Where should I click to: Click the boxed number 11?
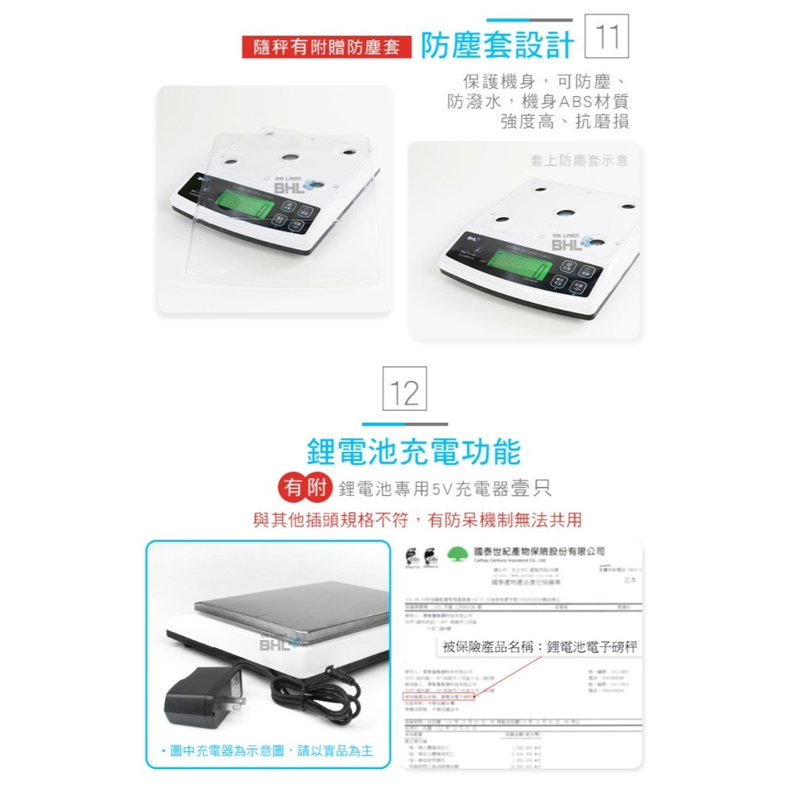pyautogui.click(x=606, y=36)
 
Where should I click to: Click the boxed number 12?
pyautogui.click(x=404, y=391)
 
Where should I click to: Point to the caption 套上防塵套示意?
pyautogui.click(x=579, y=160)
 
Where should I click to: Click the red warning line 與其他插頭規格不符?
pyautogui.click(x=417, y=520)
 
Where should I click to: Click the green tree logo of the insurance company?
pyautogui.click(x=458, y=554)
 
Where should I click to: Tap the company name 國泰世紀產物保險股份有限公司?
pyautogui.click(x=538, y=551)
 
